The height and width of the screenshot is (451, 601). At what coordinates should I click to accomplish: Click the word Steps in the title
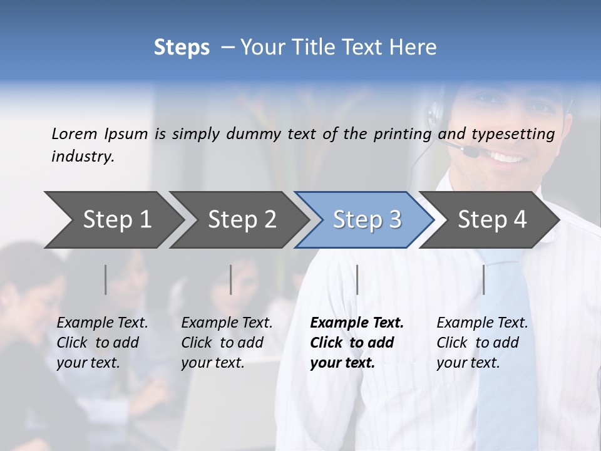[x=182, y=48]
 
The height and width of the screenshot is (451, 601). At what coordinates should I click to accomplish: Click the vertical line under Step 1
[x=105, y=279]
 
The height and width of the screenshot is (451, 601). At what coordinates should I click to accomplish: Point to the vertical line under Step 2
[x=231, y=279]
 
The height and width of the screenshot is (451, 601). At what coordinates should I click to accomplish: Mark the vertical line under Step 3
[x=357, y=279]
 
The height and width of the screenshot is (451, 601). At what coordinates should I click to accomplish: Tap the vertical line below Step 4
[x=483, y=279]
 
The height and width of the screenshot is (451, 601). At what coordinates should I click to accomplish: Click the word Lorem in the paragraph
[x=74, y=133]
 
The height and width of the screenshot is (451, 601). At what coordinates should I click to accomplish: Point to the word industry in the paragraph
[x=83, y=157]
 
